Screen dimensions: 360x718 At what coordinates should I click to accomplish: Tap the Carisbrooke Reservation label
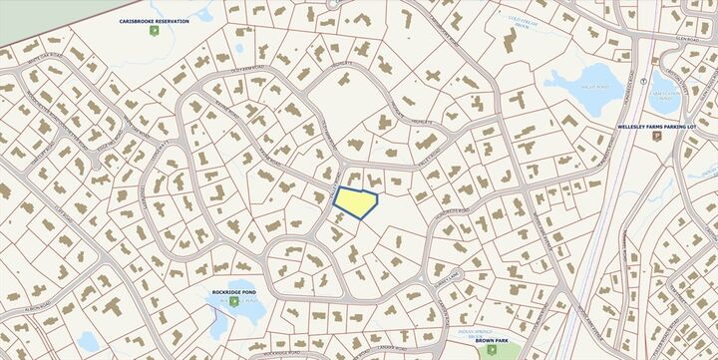point(154,21)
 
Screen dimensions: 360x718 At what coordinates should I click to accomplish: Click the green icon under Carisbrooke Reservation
point(154,32)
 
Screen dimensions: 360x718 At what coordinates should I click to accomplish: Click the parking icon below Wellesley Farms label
point(656,137)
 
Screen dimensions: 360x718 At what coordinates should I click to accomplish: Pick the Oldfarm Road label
point(249,76)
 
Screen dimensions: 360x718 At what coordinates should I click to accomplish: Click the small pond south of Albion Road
point(88,341)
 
